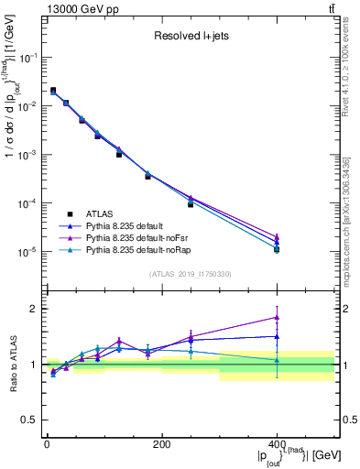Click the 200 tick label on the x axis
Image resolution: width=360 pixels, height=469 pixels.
(161, 444)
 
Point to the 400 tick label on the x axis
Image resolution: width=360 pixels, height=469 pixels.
(277, 444)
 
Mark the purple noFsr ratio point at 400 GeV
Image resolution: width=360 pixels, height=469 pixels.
(277, 318)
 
